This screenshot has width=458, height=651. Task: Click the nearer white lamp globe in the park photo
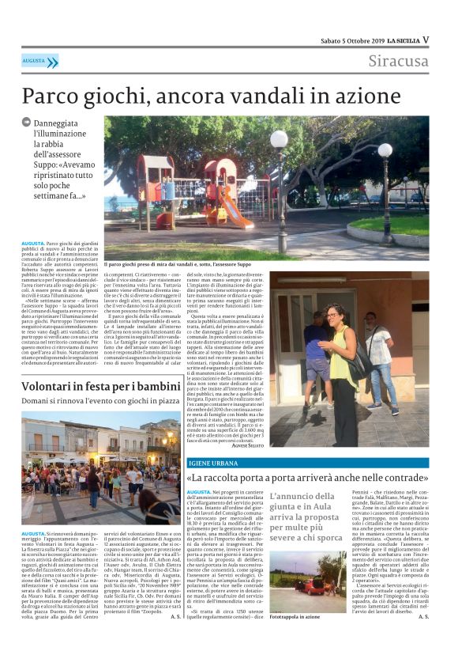tap(279, 141)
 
